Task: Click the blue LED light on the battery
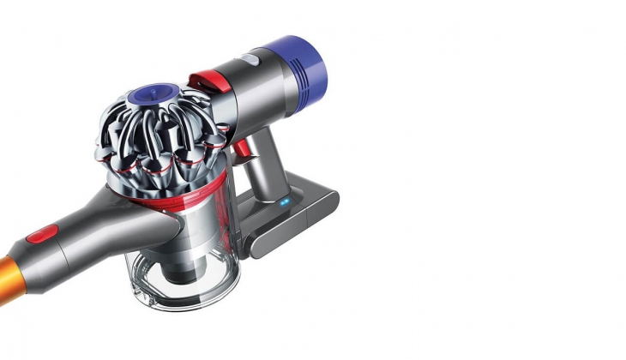click(284, 203)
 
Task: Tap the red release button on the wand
click(42, 233)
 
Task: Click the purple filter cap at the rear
click(299, 65)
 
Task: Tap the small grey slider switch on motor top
click(249, 61)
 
